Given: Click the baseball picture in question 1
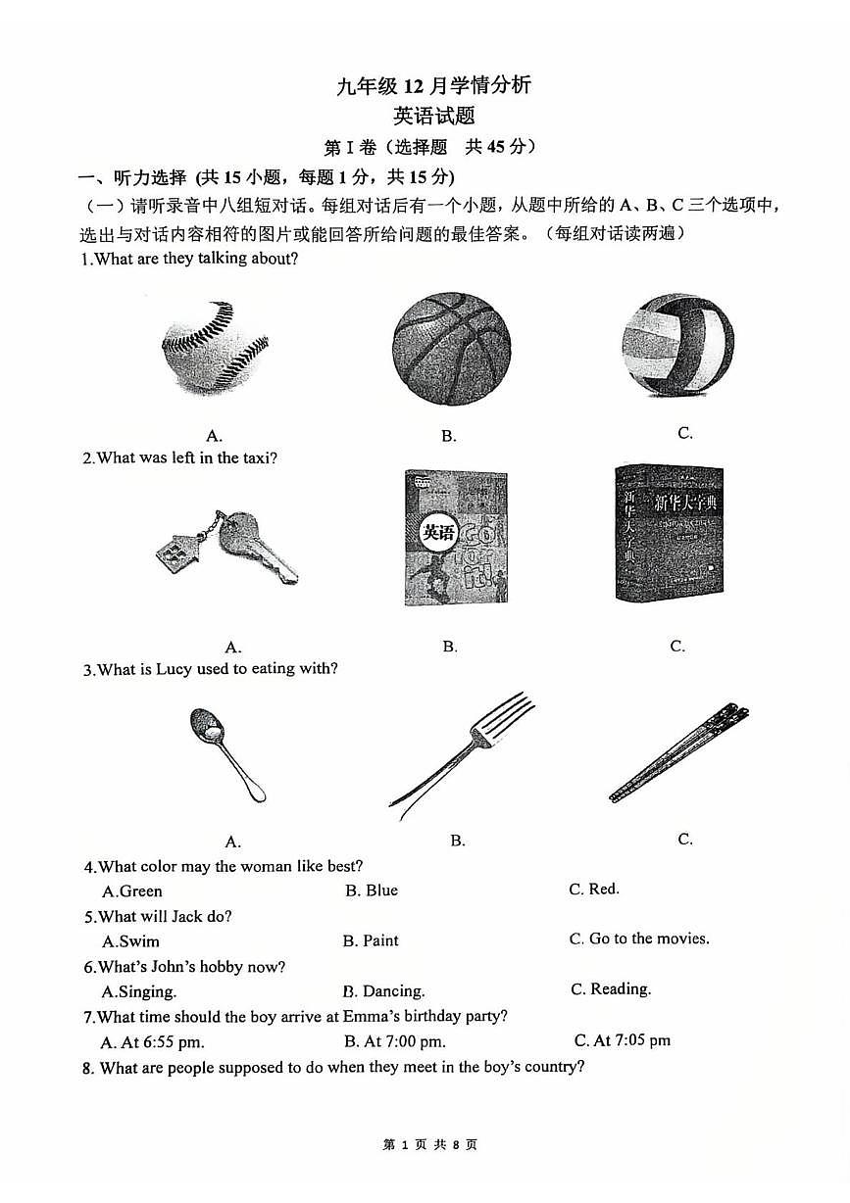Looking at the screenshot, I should [x=215, y=347].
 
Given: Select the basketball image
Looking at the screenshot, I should [x=451, y=349].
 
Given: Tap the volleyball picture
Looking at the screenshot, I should [x=677, y=345].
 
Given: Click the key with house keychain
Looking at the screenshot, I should [x=227, y=547].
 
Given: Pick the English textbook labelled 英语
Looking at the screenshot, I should [x=456, y=538].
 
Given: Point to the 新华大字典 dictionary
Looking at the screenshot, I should [x=670, y=533].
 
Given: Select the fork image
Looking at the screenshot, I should [x=462, y=751].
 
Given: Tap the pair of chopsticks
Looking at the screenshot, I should [x=679, y=751].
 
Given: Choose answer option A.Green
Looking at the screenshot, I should [x=132, y=891].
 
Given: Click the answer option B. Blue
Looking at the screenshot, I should [x=372, y=890].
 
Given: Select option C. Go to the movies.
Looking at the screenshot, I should [x=639, y=938].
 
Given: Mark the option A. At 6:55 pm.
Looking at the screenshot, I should [x=153, y=1042].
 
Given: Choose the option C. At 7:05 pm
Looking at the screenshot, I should [x=623, y=1040].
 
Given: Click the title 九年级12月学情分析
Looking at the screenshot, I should [x=433, y=85].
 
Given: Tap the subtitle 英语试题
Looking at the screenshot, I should [x=433, y=117].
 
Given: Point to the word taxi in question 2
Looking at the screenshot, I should [x=257, y=457].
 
